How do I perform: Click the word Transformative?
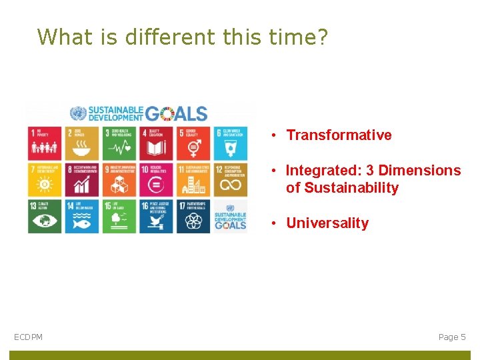point(339,135)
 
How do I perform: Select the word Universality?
point(327,223)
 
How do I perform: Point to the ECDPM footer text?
point(28,337)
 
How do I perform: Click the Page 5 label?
point(452,337)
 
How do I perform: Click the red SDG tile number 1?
point(45,143)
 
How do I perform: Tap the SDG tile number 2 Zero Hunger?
point(82,143)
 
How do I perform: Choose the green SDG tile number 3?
point(119,143)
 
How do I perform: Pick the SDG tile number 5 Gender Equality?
point(193,143)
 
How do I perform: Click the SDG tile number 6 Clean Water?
point(230,143)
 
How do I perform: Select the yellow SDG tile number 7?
point(45,179)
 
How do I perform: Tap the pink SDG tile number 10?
point(156,179)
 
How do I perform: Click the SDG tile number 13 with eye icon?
point(45,216)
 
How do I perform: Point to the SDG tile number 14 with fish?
point(82,216)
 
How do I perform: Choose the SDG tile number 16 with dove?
point(156,216)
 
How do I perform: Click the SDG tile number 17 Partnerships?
point(193,216)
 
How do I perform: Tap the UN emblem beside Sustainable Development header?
point(78,113)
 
